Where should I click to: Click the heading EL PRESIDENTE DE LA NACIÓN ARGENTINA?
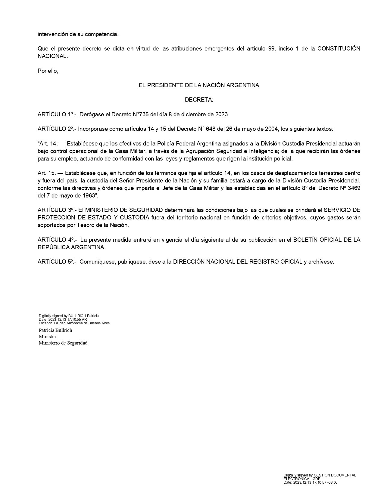click(199, 85)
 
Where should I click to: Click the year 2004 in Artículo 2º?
click(273, 129)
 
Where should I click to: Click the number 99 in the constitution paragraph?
click(271, 49)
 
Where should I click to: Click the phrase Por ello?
click(48, 71)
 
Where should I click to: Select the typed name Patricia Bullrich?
click(55, 330)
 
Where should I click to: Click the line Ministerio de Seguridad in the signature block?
click(63, 343)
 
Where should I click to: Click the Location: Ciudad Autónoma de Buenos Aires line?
click(74, 323)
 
